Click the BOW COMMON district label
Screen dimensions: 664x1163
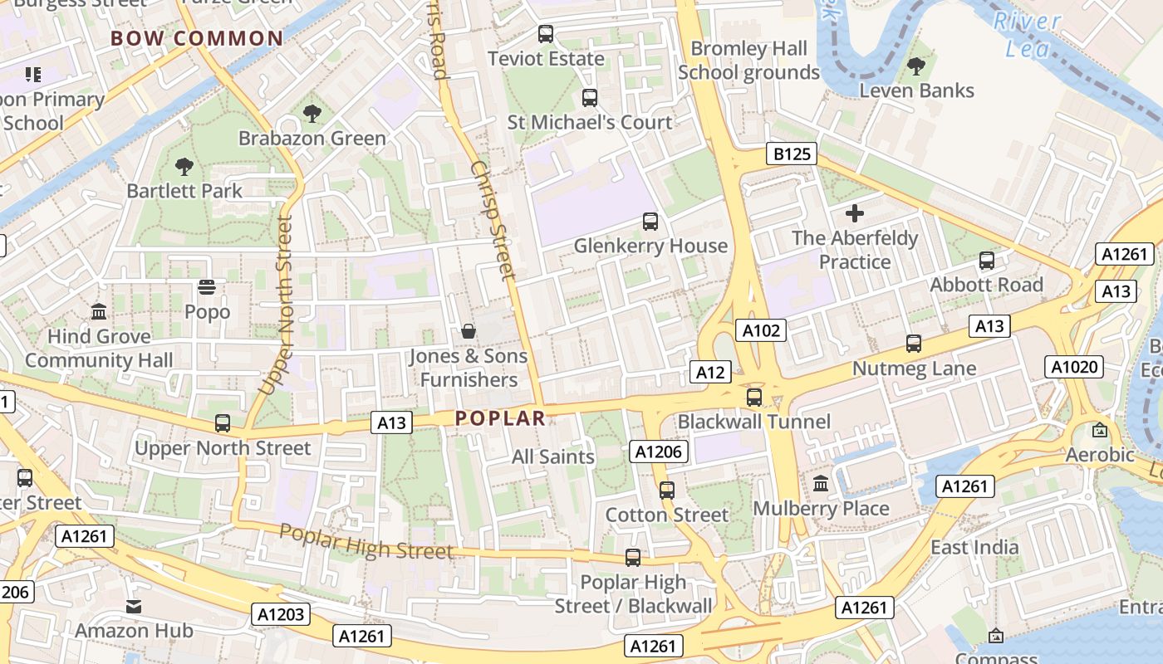tap(197, 38)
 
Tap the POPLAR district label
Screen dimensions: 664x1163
tap(500, 418)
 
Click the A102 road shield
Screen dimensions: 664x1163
tap(761, 330)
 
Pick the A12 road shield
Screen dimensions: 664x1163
tap(710, 372)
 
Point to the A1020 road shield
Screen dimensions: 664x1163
tap(1074, 367)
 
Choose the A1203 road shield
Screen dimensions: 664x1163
tap(281, 614)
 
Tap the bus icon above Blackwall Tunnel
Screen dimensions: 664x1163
tap(754, 397)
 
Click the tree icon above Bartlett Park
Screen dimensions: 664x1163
tap(184, 167)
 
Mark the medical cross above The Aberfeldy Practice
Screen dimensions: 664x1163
tap(854, 214)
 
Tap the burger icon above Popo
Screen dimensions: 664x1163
tap(207, 288)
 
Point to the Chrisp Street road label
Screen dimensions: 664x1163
tap(493, 219)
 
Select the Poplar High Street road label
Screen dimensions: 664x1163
tap(366, 541)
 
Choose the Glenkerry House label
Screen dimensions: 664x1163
tap(650, 246)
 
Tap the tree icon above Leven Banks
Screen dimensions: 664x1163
tap(916, 66)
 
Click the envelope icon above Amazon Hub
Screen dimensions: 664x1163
tap(134, 607)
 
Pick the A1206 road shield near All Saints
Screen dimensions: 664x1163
tap(658, 452)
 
